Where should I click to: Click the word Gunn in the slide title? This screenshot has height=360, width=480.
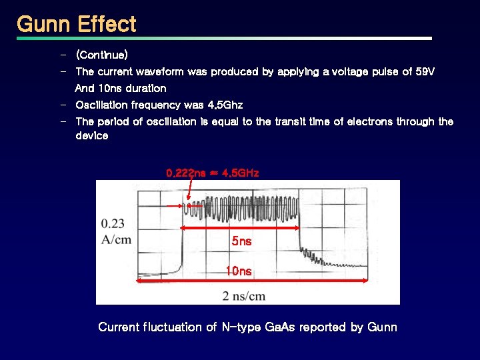(43, 25)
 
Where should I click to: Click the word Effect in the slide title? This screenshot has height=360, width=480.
(107, 25)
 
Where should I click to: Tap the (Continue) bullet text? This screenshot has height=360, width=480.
(101, 54)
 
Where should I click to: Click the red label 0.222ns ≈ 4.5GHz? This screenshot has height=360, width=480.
(212, 173)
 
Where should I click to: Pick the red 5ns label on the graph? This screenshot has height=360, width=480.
(241, 241)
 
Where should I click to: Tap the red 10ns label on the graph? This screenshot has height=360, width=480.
(239, 271)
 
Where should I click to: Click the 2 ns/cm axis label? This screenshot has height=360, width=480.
(243, 295)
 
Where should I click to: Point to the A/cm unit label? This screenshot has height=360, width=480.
(116, 239)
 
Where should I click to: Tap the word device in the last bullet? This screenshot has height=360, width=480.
(91, 135)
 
